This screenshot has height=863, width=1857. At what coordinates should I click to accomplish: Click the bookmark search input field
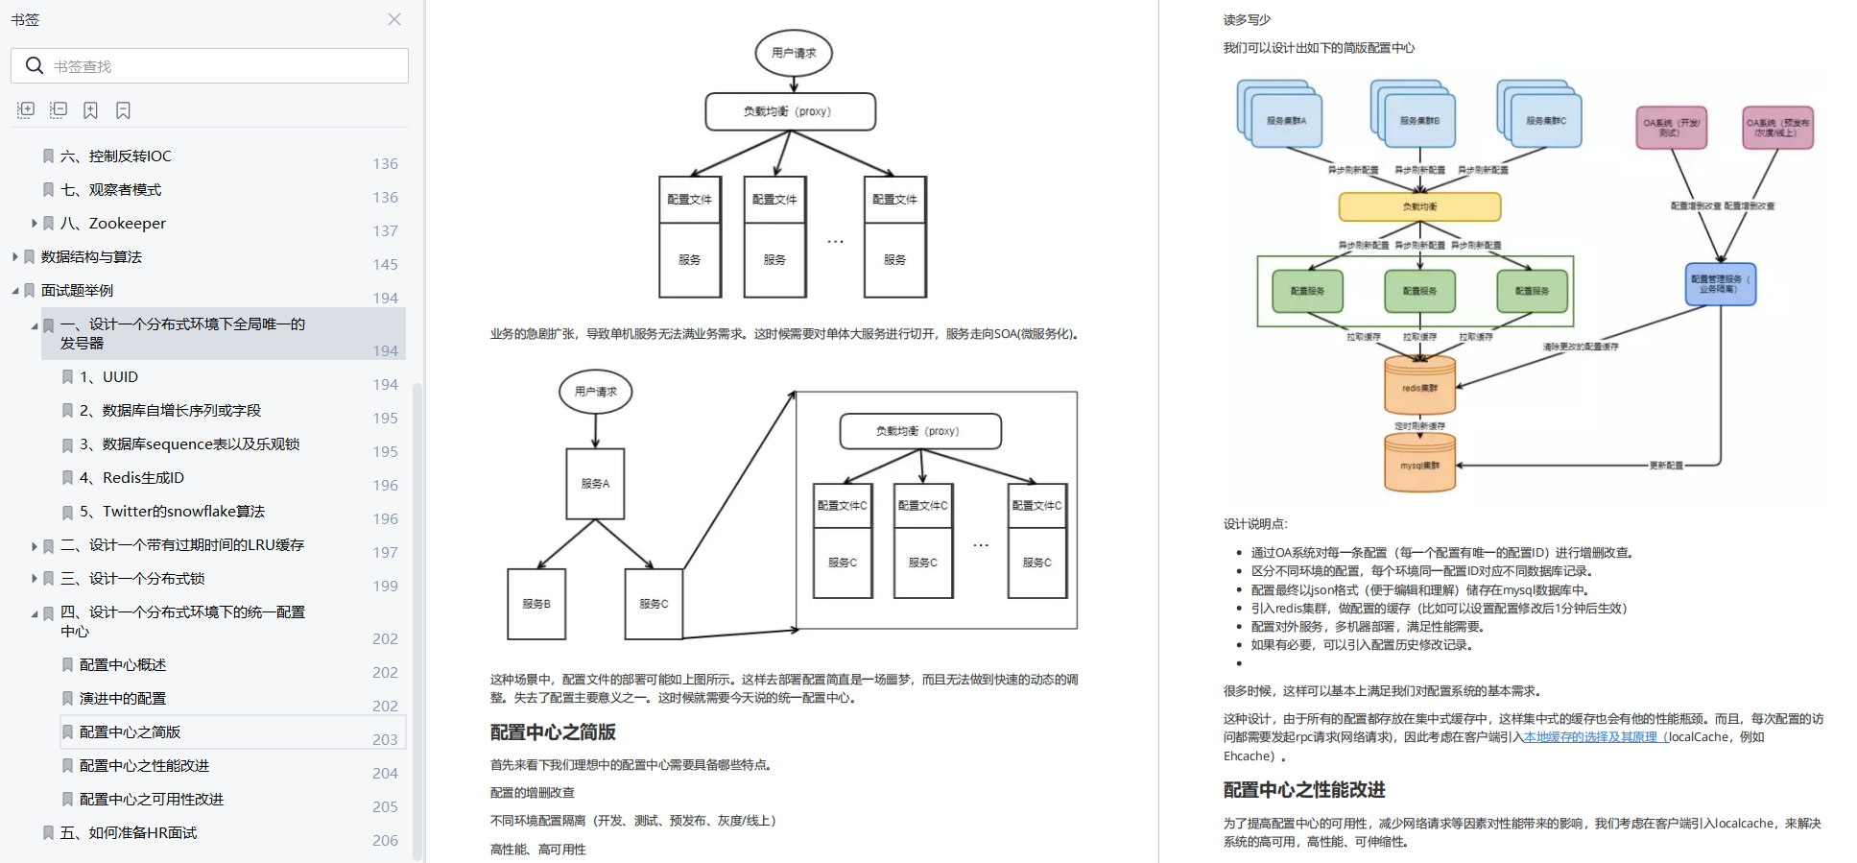point(221,66)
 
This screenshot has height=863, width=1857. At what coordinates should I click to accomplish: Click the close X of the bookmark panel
point(394,19)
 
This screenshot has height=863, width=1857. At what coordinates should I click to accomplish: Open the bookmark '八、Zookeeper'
point(127,224)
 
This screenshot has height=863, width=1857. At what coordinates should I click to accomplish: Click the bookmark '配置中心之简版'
point(130,732)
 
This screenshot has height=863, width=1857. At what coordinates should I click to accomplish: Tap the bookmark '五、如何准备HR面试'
point(128,833)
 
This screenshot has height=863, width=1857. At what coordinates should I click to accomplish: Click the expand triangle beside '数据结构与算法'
point(15,257)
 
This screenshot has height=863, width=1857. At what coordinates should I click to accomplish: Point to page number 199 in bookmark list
point(385,586)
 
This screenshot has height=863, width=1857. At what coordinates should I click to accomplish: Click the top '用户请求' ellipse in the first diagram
point(794,53)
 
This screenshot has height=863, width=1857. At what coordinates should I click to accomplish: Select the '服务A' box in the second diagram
point(595,484)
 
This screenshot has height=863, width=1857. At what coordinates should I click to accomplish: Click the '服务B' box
point(536,604)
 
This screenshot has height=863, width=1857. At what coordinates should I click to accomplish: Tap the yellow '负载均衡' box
point(1419,206)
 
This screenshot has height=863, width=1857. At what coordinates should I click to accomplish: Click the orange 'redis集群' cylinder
point(1419,387)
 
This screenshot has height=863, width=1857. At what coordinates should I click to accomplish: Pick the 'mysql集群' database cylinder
point(1419,465)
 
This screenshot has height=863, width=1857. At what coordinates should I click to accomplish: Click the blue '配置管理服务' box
point(1721,284)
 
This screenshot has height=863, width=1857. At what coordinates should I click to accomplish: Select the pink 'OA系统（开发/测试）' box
point(1671,128)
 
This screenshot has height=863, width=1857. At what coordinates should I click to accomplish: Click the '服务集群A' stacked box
point(1286,121)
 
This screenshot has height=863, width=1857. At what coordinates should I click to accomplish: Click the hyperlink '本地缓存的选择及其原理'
point(1590,737)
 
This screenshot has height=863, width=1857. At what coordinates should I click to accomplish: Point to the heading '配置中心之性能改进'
point(1304,790)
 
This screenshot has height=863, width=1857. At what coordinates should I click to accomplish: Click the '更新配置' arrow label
point(1666,466)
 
